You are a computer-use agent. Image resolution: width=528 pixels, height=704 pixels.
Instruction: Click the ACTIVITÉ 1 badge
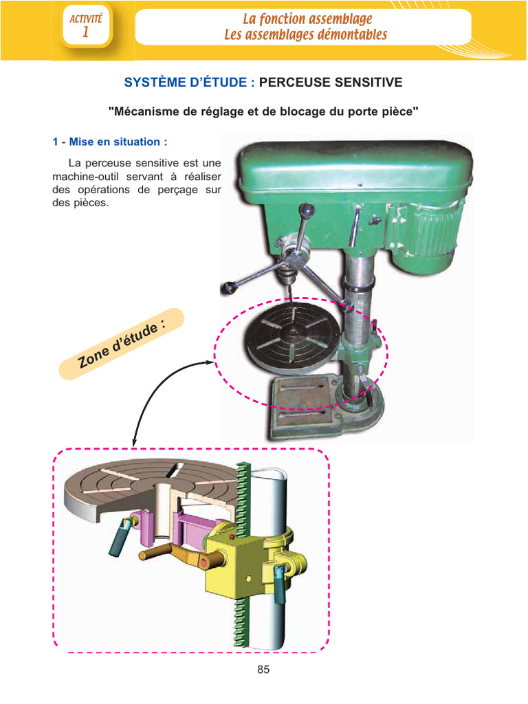coord(87,26)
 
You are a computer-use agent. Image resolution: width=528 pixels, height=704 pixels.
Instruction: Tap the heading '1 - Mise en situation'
coord(109,142)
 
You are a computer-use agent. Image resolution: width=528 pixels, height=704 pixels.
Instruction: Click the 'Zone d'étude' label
coord(122,344)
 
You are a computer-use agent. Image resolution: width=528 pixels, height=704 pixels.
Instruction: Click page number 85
coord(263,670)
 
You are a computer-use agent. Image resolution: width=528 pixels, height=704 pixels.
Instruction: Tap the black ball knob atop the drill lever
coord(307,210)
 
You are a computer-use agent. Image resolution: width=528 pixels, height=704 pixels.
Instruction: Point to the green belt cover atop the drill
coord(355,169)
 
